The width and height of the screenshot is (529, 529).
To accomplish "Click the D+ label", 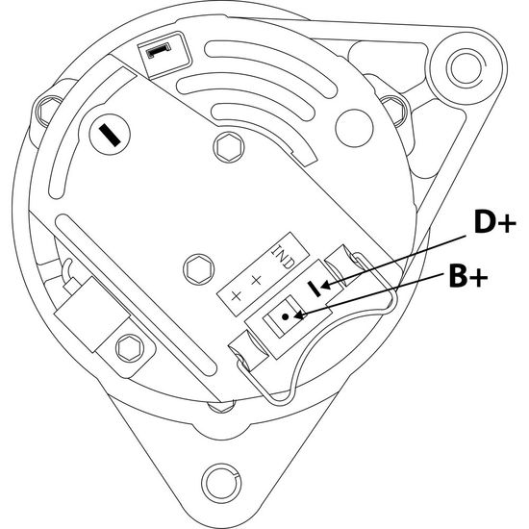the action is click(494, 221).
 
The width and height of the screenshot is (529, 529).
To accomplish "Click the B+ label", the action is click(468, 275).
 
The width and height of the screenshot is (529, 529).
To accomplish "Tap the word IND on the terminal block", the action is click(283, 256).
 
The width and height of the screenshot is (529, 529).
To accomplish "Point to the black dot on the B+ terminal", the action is click(286, 316).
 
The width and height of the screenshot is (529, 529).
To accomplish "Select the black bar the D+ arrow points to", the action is click(315, 290).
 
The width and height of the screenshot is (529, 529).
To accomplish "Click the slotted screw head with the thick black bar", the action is click(110, 135).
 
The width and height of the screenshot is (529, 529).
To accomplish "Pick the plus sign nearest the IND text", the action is click(256, 280).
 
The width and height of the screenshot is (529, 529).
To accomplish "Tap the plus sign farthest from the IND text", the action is click(237, 296).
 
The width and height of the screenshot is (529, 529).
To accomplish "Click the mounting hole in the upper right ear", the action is click(466, 67).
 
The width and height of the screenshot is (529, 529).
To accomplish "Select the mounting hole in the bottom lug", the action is click(221, 484).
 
